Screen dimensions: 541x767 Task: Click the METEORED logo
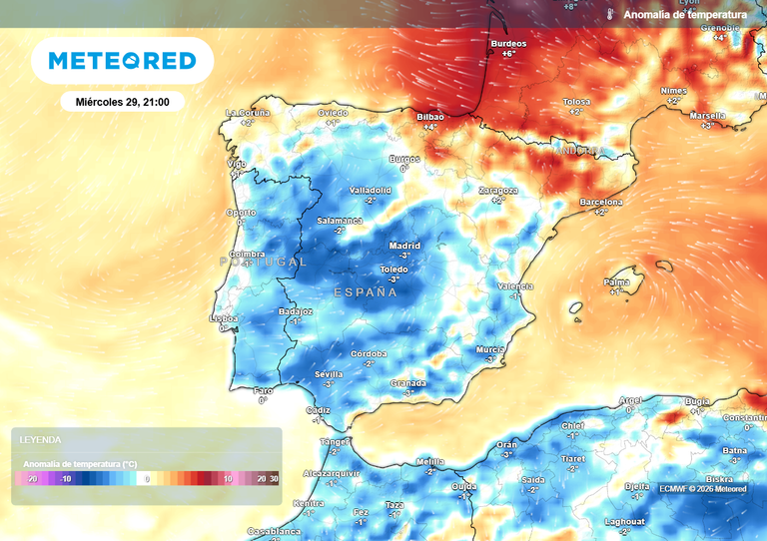coord(122,61)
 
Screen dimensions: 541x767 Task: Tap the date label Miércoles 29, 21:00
coord(122,102)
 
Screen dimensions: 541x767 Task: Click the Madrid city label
coord(404,246)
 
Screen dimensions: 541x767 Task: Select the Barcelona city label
coord(601,203)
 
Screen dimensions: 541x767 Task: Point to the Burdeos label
coord(507,45)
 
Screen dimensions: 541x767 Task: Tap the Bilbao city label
coord(430,117)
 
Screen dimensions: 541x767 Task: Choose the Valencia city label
coord(515,286)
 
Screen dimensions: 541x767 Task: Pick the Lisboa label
coord(223,319)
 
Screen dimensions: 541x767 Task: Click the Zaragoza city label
coord(497,190)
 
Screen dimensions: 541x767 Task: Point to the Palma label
coord(617,282)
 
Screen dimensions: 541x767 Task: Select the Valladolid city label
coord(370,190)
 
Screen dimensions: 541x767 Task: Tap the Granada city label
coord(408,383)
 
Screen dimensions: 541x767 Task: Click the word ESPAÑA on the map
coord(366,292)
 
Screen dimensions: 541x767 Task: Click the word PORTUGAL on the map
coord(264,262)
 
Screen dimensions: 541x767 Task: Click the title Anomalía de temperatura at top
coord(685,15)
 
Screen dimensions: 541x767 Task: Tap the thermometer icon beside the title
coord(608,15)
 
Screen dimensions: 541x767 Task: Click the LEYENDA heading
coord(41,440)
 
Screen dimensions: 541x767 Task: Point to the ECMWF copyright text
coord(703,488)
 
